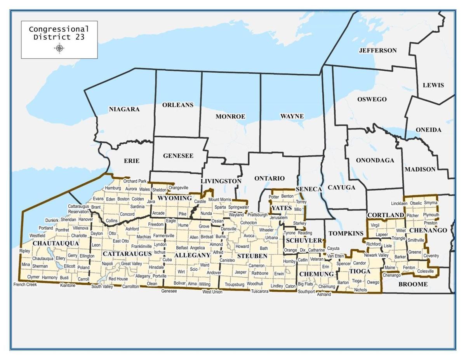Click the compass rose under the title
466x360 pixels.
click(59, 48)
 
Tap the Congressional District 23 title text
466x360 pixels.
click(59, 33)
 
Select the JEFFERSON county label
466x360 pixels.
click(377, 50)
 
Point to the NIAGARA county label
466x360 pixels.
click(124, 110)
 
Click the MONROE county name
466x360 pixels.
click(230, 117)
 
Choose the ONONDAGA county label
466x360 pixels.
click(375, 160)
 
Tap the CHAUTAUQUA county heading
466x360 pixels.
click(56, 243)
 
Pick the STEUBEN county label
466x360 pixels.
click(252, 256)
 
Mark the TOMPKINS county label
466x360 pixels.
click(346, 233)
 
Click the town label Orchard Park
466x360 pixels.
click(135, 181)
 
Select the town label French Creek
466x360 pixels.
click(25, 285)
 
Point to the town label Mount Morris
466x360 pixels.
click(219, 200)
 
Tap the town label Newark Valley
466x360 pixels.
click(376, 255)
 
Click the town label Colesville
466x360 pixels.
click(425, 271)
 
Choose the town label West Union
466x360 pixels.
click(212, 292)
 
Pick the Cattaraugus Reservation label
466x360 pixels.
click(78, 209)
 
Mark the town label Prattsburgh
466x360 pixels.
click(257, 215)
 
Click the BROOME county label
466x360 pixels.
click(413, 284)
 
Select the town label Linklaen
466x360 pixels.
click(399, 203)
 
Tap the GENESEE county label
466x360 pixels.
click(178, 156)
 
